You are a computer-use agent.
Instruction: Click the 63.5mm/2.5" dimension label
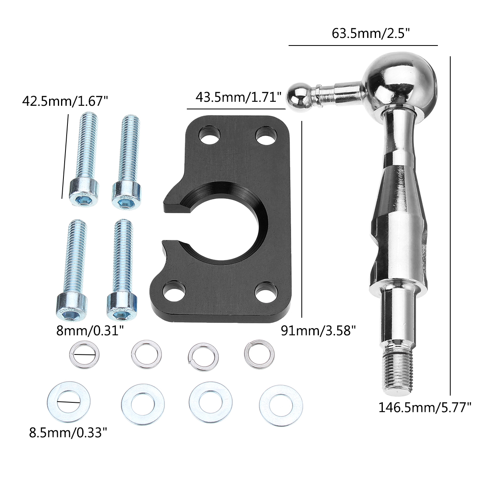pos(371,33)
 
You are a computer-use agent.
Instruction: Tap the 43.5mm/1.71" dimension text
pos(239,97)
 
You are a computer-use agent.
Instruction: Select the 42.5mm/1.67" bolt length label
pos(65,101)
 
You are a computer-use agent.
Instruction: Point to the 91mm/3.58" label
pos(318,331)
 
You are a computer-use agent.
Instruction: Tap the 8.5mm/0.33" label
pos(68,432)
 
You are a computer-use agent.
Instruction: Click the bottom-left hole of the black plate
pos(174,290)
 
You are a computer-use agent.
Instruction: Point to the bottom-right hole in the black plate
pos(264,291)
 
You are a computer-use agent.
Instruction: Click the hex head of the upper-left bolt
pos(84,192)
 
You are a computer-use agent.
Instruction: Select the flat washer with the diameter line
pos(69,401)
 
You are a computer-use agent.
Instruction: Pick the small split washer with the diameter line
pos(84,354)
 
